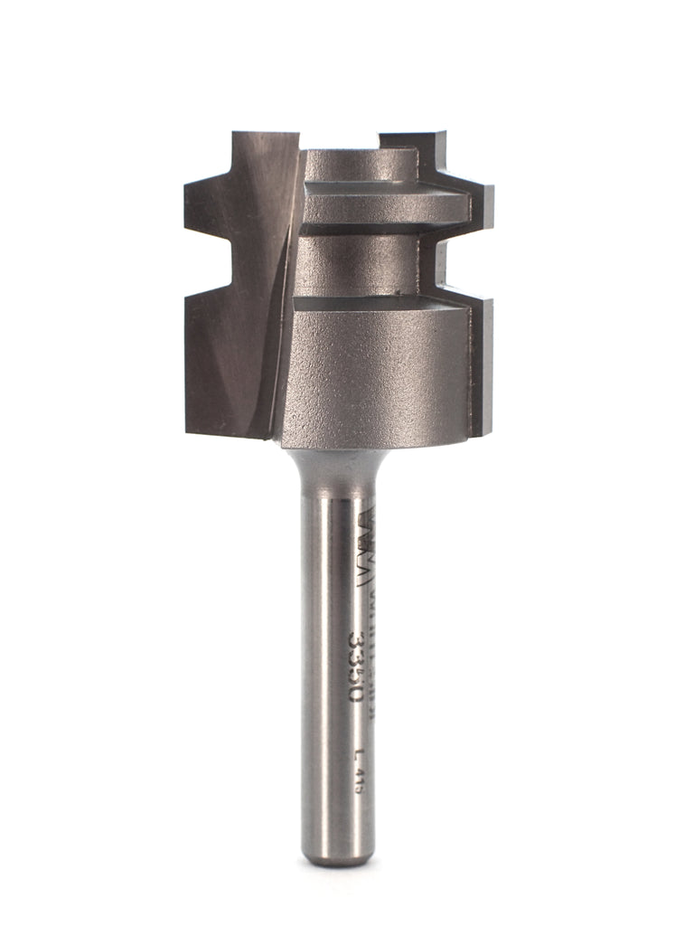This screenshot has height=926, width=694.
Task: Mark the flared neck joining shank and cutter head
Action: click(336, 461)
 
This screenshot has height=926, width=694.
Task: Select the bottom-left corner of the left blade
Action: click(192, 430)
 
